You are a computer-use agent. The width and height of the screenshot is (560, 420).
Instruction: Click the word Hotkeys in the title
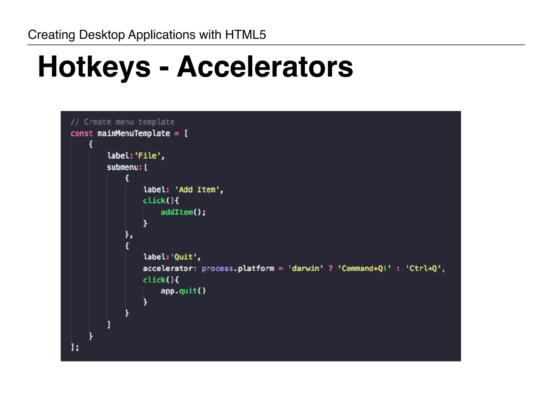94,67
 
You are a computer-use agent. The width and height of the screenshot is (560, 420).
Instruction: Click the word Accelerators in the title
265,67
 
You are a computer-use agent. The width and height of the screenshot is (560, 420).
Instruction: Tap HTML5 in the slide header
245,35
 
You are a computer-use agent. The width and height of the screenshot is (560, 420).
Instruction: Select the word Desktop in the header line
102,35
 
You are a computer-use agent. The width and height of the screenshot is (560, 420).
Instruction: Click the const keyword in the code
81,133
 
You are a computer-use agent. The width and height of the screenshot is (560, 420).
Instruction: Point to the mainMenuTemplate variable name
134,133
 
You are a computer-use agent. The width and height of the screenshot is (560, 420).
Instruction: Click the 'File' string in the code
148,156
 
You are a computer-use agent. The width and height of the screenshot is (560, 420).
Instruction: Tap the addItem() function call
183,212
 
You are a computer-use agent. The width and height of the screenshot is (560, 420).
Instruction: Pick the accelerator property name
168,268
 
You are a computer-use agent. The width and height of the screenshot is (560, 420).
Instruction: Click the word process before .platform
217,268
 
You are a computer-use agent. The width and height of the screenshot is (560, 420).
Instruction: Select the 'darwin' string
306,268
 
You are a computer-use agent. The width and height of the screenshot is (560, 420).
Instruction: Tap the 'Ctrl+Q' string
423,268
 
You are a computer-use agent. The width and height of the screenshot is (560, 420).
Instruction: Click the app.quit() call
183,291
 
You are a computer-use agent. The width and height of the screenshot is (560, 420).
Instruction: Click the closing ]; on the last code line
75,347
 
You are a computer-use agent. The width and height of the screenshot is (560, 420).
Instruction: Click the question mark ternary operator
331,268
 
